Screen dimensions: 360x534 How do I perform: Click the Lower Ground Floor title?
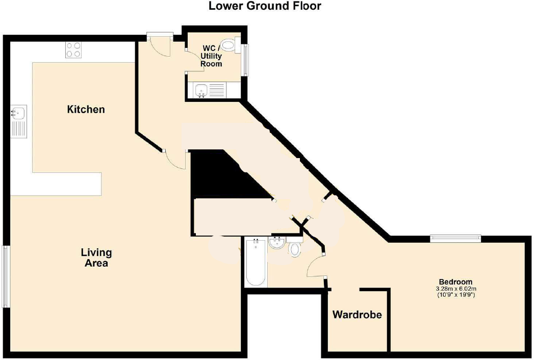pyautogui.click(x=265, y=6)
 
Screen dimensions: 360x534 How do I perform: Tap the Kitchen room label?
pyautogui.click(x=86, y=109)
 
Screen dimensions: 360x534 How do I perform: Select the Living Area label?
pyautogui.click(x=96, y=258)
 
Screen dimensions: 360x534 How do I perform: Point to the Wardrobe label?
pyautogui.click(x=357, y=315)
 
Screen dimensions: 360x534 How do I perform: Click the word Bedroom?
pyautogui.click(x=455, y=281)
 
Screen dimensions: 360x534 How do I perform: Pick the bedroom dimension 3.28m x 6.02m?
pyautogui.click(x=455, y=289)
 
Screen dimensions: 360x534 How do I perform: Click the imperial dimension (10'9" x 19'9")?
pyautogui.click(x=455, y=295)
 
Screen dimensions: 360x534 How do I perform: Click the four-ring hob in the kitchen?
pyautogui.click(x=73, y=49)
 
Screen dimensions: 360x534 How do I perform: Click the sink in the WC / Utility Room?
pyautogui.click(x=201, y=90)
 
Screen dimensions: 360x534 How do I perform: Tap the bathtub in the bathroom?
pyautogui.click(x=256, y=263)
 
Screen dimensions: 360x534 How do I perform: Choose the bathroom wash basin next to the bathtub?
pyautogui.click(x=278, y=243)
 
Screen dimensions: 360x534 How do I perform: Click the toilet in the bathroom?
pyautogui.click(x=295, y=249)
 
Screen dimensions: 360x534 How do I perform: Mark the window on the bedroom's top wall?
pyautogui.click(x=455, y=237)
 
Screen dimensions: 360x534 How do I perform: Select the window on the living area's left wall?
pyautogui.click(x=6, y=277)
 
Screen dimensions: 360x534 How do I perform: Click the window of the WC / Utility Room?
pyautogui.click(x=246, y=59)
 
